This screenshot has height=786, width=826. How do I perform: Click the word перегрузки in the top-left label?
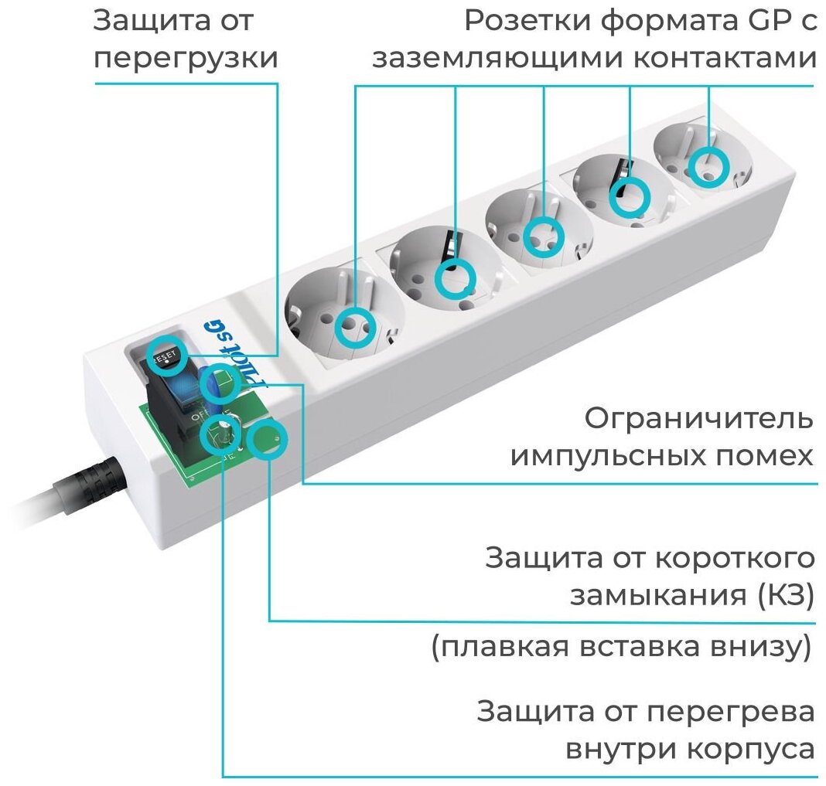click(x=186, y=60)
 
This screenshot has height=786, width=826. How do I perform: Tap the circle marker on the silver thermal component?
click(x=220, y=435)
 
